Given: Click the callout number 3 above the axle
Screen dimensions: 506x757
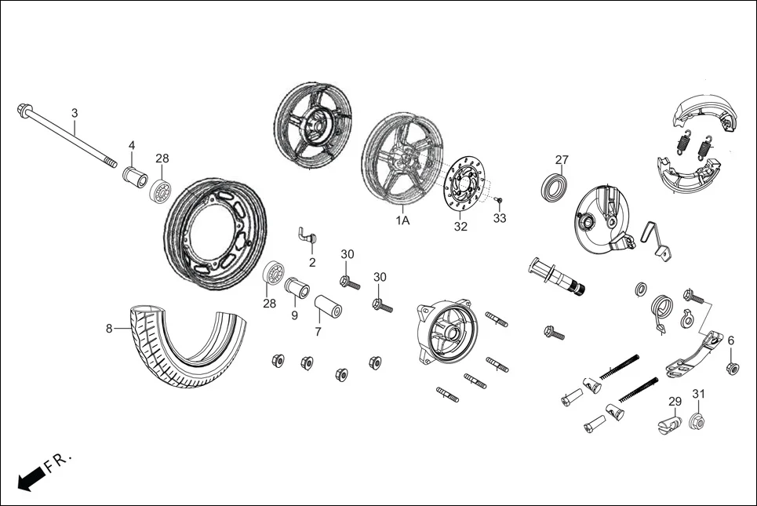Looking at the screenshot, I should click(75, 113).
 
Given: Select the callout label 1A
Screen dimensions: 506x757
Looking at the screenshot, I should click(402, 221).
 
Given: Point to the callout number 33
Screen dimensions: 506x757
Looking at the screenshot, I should click(500, 218).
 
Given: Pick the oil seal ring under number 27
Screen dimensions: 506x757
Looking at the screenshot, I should click(555, 187).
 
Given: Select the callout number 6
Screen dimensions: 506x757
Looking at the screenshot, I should click(731, 340).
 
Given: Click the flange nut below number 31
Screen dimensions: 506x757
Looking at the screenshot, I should click(696, 422).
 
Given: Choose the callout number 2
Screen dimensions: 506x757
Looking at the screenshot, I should click(312, 262).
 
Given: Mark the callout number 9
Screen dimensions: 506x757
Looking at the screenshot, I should click(295, 315).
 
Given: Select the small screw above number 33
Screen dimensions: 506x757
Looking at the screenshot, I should click(498, 202).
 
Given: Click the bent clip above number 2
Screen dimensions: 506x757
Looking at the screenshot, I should click(307, 234).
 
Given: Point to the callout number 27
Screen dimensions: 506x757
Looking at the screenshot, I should click(562, 159).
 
